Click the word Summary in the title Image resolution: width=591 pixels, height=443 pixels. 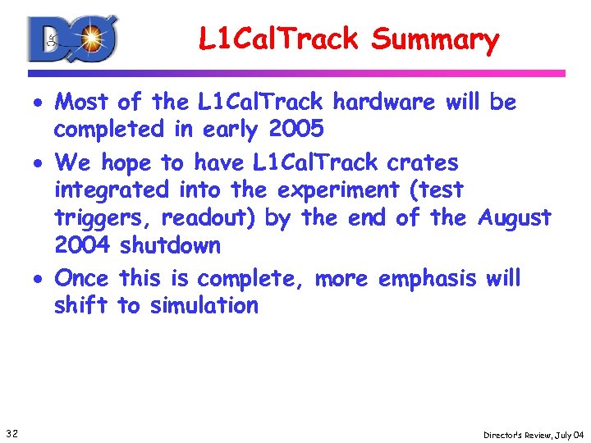point(434,39)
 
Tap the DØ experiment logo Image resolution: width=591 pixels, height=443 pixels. point(72,39)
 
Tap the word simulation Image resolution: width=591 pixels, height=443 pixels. point(204,306)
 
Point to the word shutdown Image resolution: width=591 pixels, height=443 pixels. point(170,245)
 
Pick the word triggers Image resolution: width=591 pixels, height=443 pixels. point(104,218)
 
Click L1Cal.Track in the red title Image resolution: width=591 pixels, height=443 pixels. point(278,39)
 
